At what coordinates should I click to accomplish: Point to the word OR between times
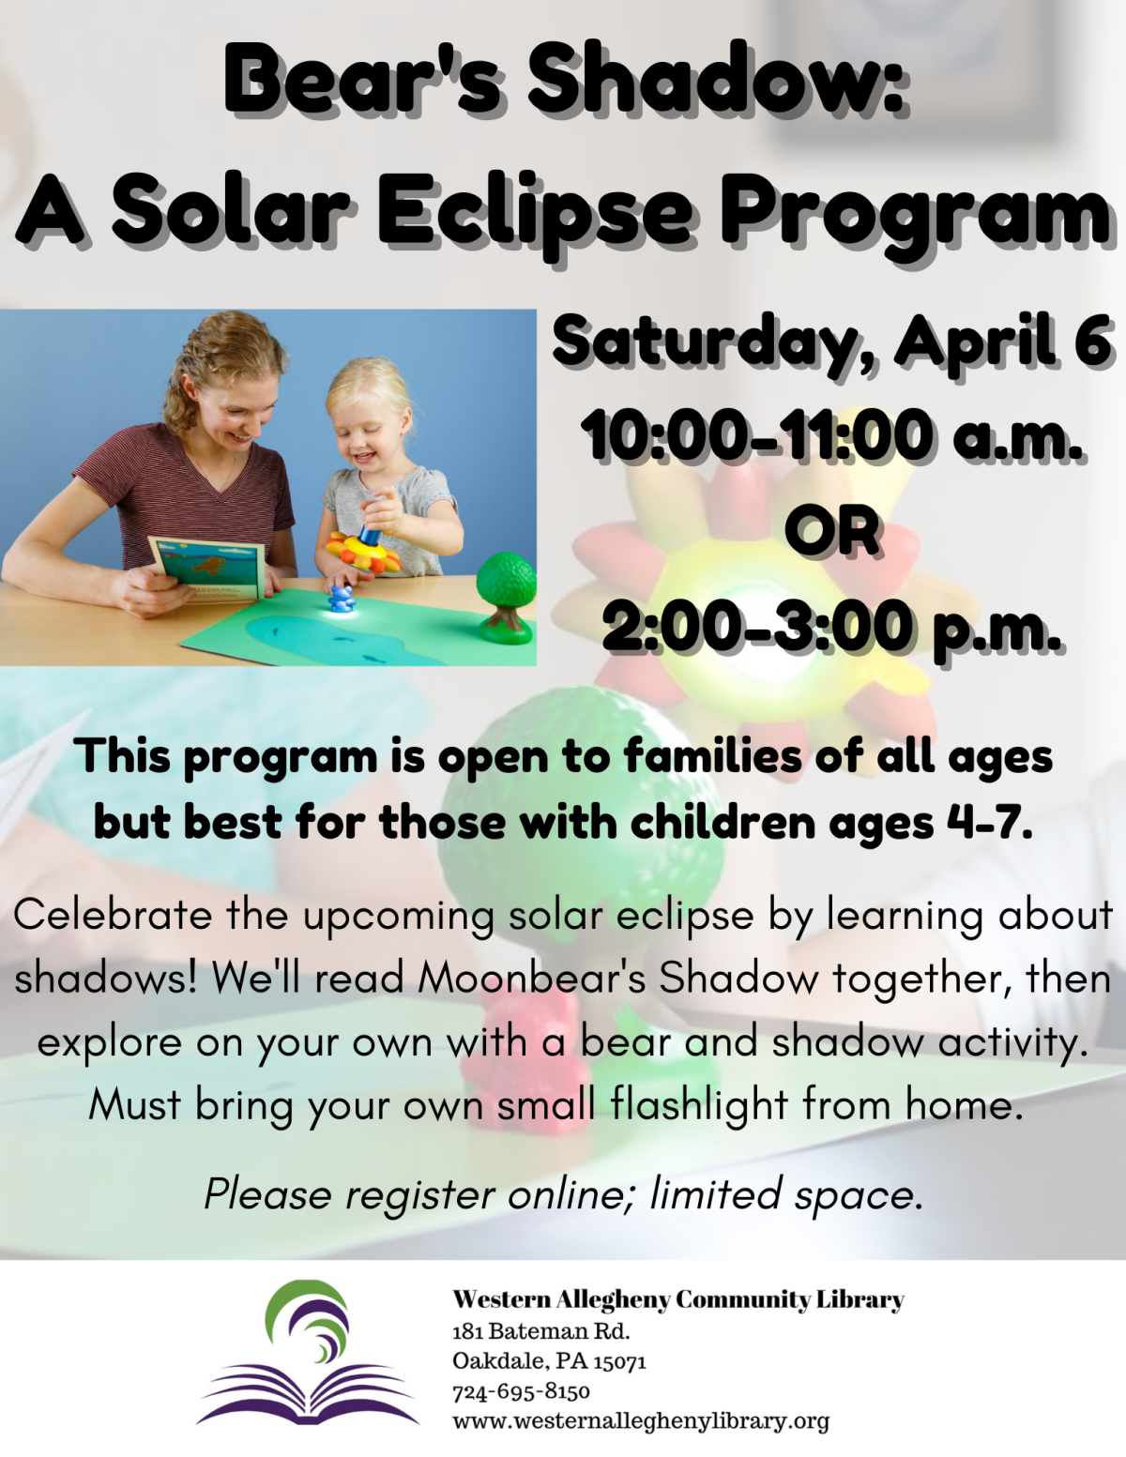tap(832, 530)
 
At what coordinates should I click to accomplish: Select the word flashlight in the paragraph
tap(698, 1104)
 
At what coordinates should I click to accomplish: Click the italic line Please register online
tap(563, 1194)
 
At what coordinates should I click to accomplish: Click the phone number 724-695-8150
tap(521, 1390)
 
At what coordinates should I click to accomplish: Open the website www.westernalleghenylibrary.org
tap(641, 1420)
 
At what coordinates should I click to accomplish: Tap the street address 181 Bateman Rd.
tap(540, 1330)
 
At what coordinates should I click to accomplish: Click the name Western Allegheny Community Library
tap(677, 1299)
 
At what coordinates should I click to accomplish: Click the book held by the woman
tap(206, 569)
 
